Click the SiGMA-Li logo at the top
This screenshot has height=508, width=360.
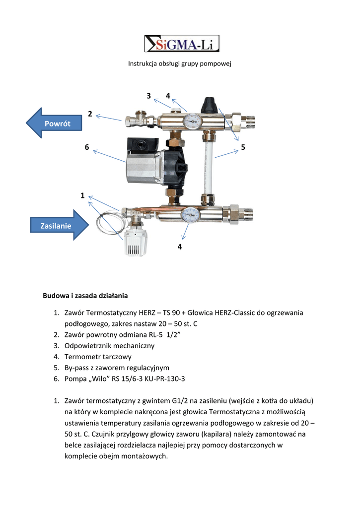click(181, 43)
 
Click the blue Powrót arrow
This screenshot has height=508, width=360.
click(54, 123)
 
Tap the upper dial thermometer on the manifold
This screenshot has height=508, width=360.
click(192, 121)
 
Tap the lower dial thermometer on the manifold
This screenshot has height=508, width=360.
click(190, 214)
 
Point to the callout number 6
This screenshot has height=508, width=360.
click(87, 147)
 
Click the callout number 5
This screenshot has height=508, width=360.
click(243, 147)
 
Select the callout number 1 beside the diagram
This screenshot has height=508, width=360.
click(82, 196)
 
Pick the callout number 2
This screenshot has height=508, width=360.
click(90, 114)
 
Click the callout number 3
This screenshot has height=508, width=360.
click(148, 95)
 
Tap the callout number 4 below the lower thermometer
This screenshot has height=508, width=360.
click(180, 246)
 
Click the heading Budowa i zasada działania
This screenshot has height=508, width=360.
click(85, 296)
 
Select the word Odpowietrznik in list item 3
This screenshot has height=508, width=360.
click(89, 345)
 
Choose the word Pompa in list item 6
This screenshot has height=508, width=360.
click(75, 379)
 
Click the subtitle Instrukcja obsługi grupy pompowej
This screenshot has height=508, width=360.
click(180, 63)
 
